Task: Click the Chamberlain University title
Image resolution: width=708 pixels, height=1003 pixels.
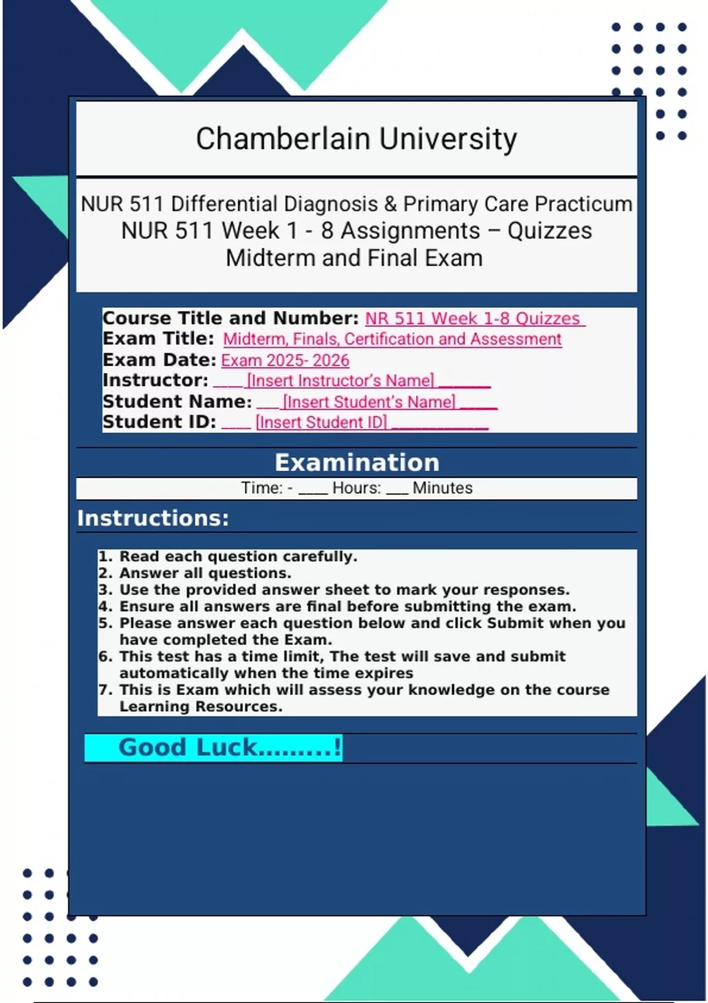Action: [356, 139]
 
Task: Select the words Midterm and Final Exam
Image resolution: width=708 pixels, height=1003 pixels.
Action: [354, 258]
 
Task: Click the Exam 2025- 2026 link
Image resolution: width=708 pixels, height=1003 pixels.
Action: [285, 360]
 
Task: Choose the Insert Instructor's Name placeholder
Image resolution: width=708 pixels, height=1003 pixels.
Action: [340, 381]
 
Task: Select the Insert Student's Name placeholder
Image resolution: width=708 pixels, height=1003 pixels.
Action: [369, 402]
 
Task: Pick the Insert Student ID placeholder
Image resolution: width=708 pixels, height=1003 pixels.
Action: [322, 423]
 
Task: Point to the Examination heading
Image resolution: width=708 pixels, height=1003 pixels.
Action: [357, 463]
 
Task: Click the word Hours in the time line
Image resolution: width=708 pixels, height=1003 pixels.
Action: [356, 489]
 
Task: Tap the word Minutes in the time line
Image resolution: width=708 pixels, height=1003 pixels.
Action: [442, 489]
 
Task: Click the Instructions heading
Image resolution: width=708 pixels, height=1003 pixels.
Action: [153, 518]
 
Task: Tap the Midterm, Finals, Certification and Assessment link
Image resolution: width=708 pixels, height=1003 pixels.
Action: [392, 339]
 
